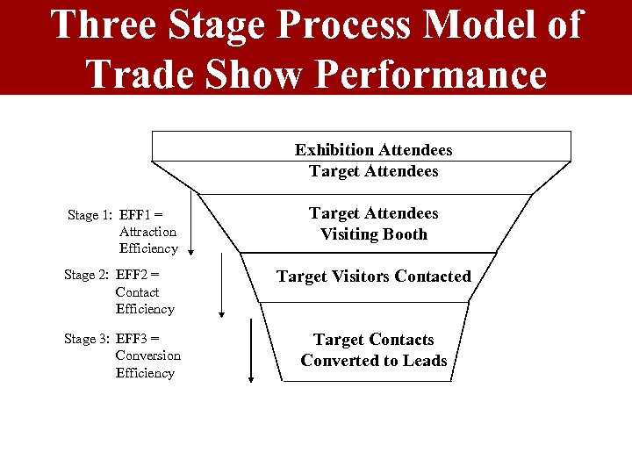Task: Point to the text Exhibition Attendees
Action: tap(373, 150)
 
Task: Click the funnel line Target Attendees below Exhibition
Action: tap(373, 171)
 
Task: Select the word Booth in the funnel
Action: tap(404, 234)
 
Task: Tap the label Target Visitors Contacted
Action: tap(373, 276)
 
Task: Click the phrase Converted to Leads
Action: tap(373, 361)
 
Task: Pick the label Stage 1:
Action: tap(90, 215)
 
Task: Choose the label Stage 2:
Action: tap(86, 276)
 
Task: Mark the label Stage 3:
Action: tap(86, 339)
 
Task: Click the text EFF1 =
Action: tap(141, 214)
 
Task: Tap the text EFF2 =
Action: tap(138, 275)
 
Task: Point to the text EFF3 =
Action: tap(138, 339)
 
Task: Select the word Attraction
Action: tap(147, 232)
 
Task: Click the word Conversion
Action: tap(147, 355)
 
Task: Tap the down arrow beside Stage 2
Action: tap(222, 286)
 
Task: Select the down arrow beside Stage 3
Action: tap(251, 349)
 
